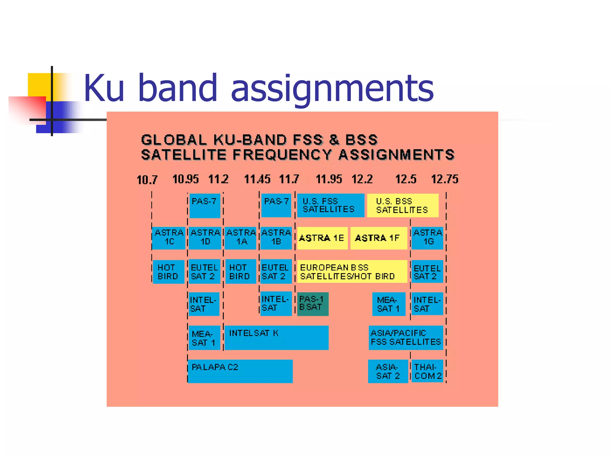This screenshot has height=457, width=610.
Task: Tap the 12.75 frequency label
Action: pyautogui.click(x=445, y=179)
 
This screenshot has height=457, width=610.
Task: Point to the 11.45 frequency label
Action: pyautogui.click(x=257, y=179)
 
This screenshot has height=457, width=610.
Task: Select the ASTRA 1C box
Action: pyautogui.click(x=169, y=238)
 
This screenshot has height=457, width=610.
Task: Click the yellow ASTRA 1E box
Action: pyautogui.click(x=322, y=238)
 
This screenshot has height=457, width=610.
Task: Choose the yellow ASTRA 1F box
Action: pyautogui.click(x=378, y=238)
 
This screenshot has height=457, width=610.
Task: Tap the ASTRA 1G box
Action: pyautogui.click(x=427, y=238)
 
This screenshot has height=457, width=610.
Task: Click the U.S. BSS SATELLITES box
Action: pyautogui.click(x=402, y=206)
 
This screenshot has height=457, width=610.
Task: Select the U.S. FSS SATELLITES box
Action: pyautogui.click(x=330, y=206)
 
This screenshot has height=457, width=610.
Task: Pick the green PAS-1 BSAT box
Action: pyautogui.click(x=312, y=304)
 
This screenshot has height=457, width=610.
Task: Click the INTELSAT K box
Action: pyautogui.click(x=276, y=338)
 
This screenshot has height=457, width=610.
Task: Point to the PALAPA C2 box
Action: pyautogui.click(x=240, y=371)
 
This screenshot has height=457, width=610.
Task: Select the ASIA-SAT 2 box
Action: pyautogui.click(x=388, y=371)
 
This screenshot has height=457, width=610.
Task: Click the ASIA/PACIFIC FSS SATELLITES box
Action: pyautogui.click(x=406, y=338)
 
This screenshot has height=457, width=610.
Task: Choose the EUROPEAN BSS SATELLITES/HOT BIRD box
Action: pyautogui.click(x=352, y=272)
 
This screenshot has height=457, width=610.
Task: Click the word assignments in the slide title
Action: pyautogui.click(x=332, y=88)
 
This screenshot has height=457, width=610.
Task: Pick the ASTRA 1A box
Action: pyautogui.click(x=241, y=238)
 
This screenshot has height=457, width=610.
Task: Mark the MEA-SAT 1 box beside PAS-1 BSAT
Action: pyautogui.click(x=388, y=304)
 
